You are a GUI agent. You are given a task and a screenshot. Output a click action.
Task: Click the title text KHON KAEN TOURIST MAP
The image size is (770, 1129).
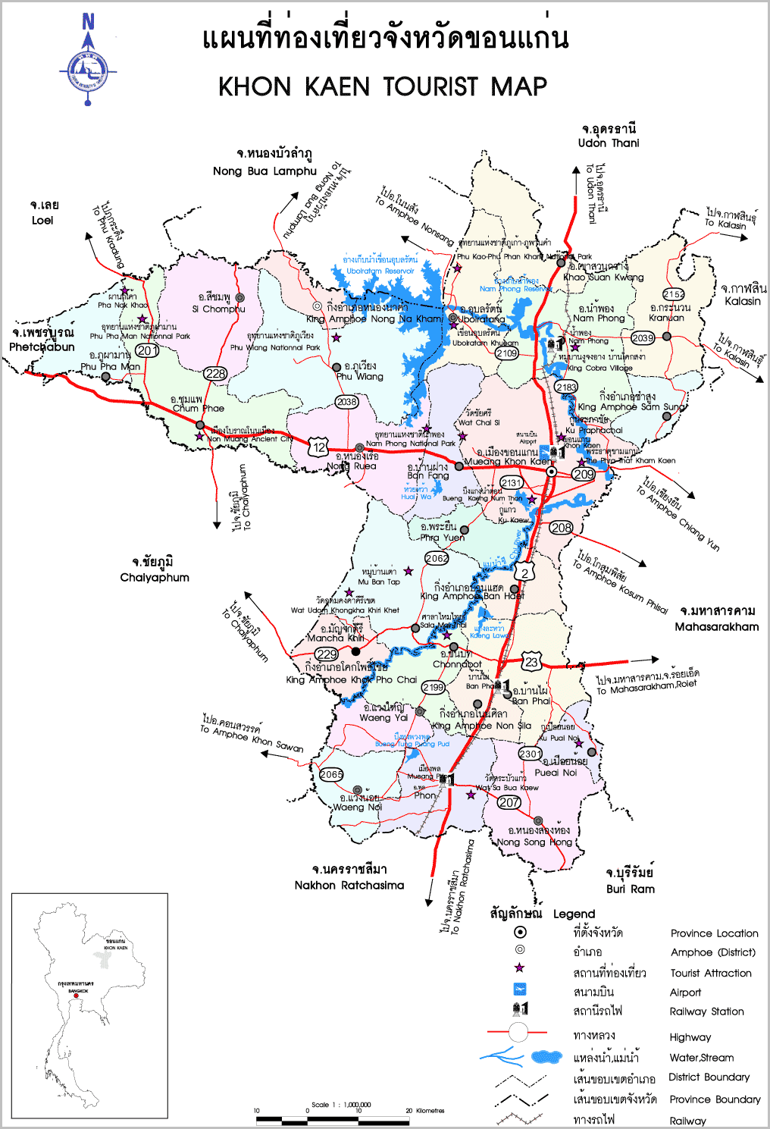383,86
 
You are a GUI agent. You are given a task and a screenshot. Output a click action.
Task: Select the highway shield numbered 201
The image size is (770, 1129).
147,350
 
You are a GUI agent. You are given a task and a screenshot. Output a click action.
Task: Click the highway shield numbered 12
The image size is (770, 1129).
318,448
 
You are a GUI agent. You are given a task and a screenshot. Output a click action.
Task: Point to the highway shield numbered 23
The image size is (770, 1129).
531,662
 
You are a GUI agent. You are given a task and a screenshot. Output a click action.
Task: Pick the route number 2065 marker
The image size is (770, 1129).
331,774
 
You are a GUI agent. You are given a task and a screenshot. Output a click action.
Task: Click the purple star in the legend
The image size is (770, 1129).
519,968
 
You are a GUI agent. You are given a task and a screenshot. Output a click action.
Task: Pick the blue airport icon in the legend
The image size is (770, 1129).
520,989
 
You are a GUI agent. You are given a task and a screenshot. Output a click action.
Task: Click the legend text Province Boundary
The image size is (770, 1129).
715,1099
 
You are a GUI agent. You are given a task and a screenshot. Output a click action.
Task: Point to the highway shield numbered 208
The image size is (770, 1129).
561,528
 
